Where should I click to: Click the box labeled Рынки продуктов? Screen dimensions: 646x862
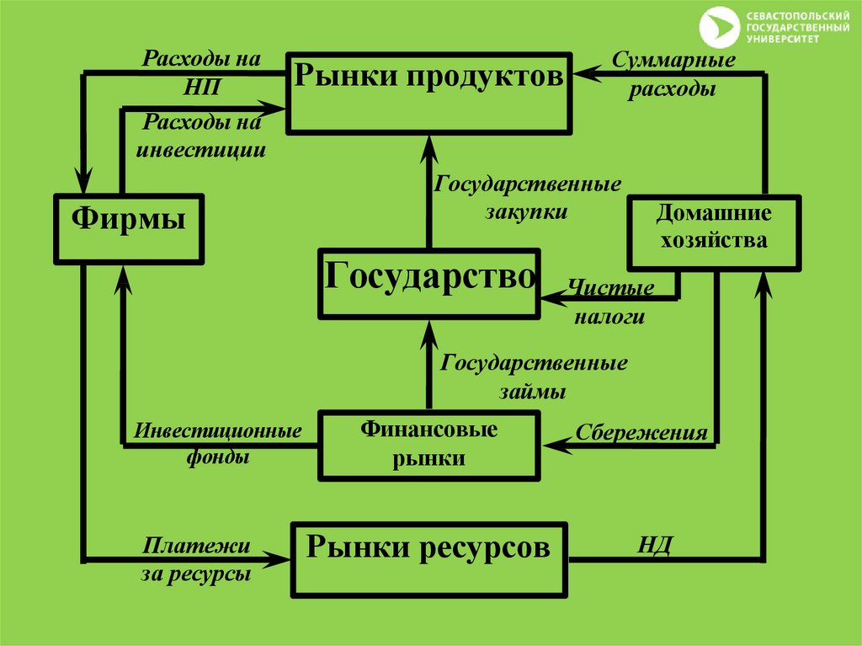428,93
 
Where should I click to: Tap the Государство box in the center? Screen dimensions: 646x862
428,283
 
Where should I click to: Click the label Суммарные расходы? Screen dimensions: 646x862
674,75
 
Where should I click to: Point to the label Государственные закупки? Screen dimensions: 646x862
527,197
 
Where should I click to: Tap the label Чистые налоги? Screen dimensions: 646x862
610,302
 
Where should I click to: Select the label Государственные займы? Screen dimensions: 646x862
534,377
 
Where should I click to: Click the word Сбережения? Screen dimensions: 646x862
641,433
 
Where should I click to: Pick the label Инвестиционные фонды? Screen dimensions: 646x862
217,445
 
